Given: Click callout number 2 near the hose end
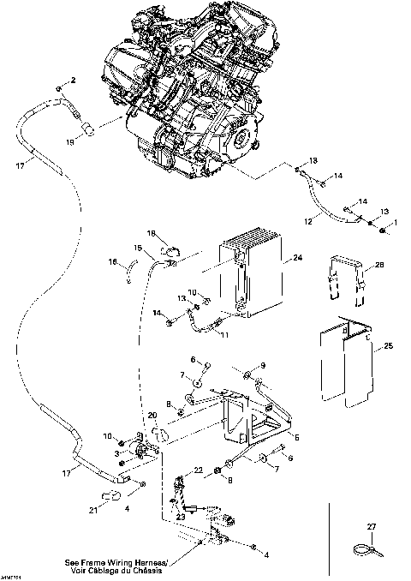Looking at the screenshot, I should (73, 80).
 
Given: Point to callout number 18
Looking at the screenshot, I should (151, 233).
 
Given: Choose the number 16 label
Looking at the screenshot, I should (112, 263).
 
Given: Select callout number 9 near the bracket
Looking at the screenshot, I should (263, 366).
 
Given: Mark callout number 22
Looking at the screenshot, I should (197, 470).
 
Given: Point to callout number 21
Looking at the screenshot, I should (91, 512).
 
